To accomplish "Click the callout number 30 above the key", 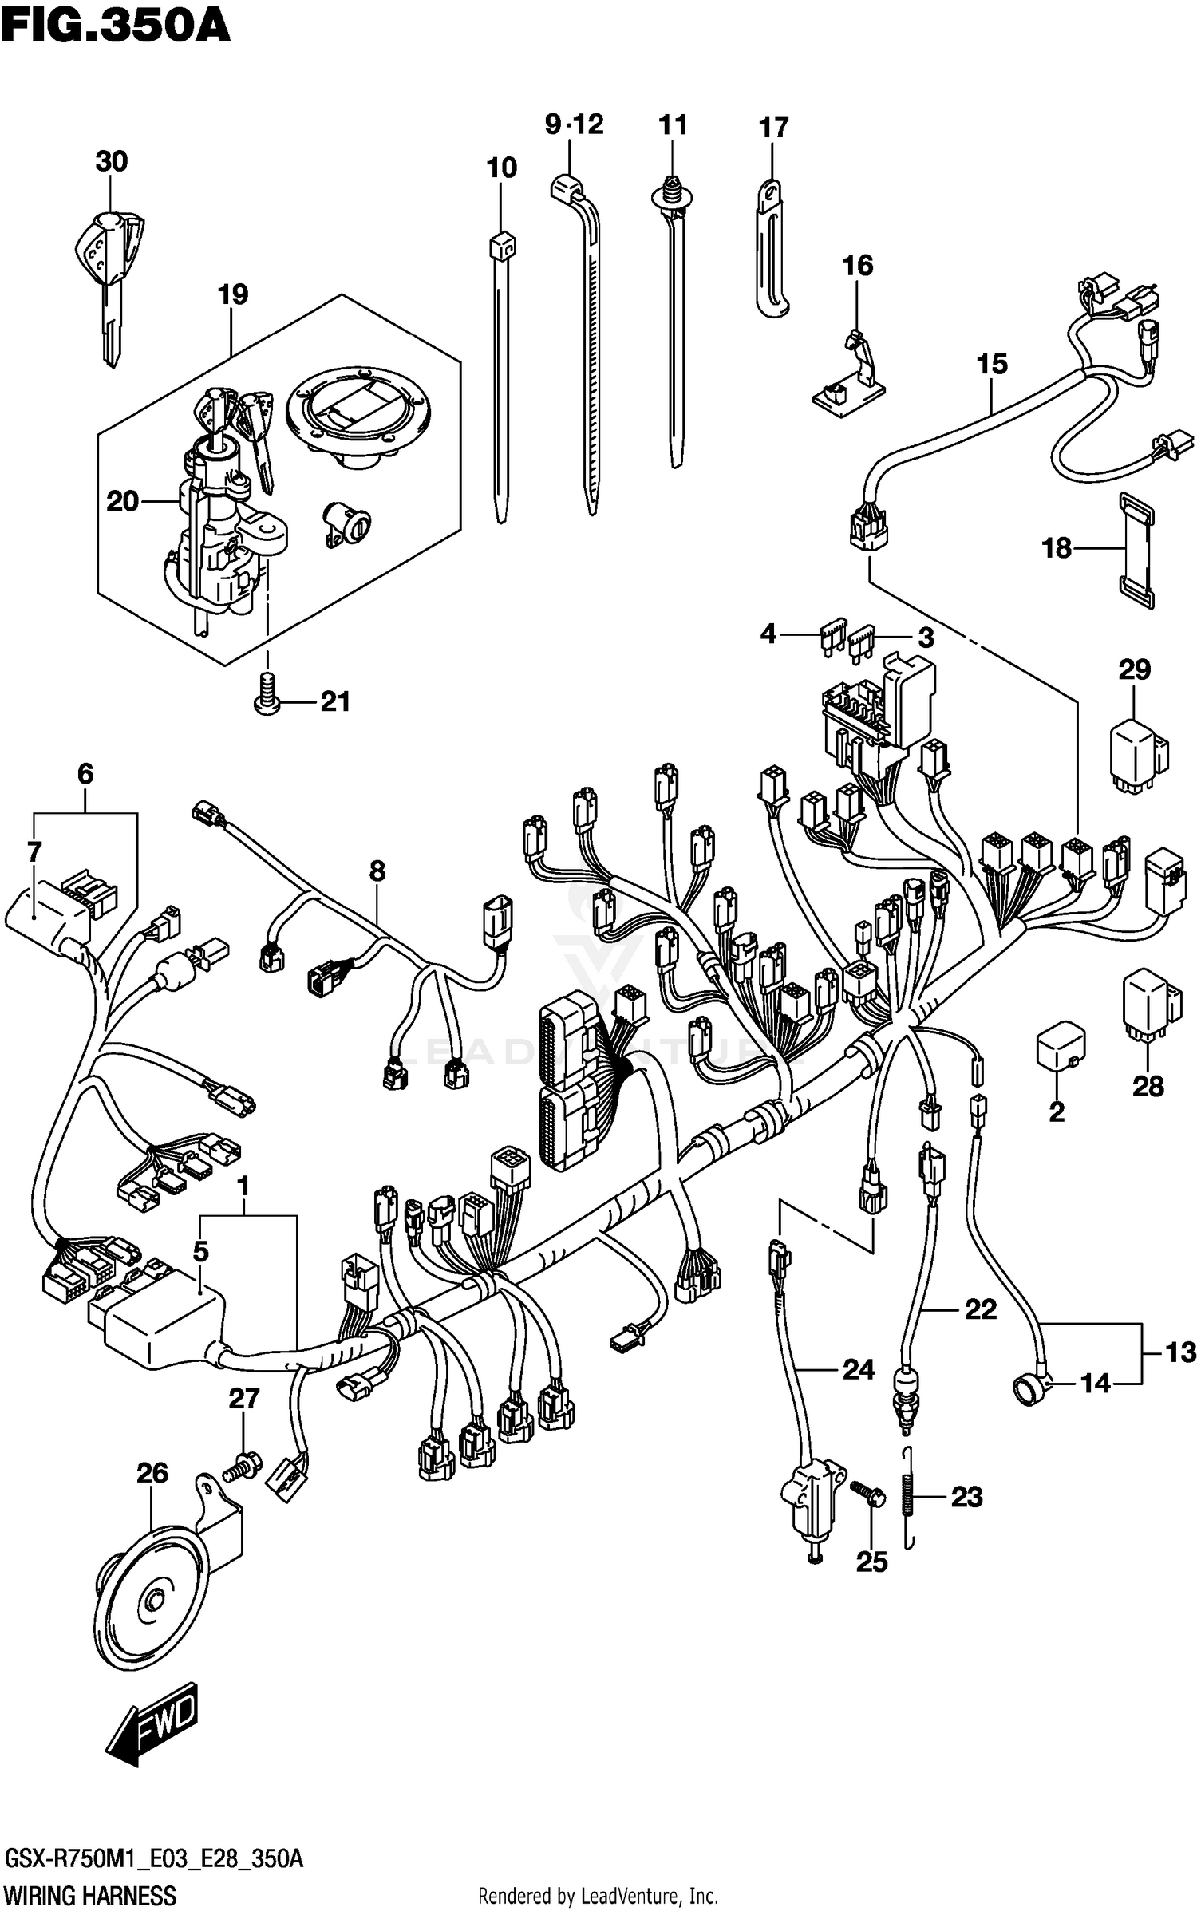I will (111, 162).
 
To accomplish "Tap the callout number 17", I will (772, 128).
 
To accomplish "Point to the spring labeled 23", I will (908, 1498).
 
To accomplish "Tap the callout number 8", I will (377, 871).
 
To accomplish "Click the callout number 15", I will (992, 365).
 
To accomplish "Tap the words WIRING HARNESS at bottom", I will (90, 1895).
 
